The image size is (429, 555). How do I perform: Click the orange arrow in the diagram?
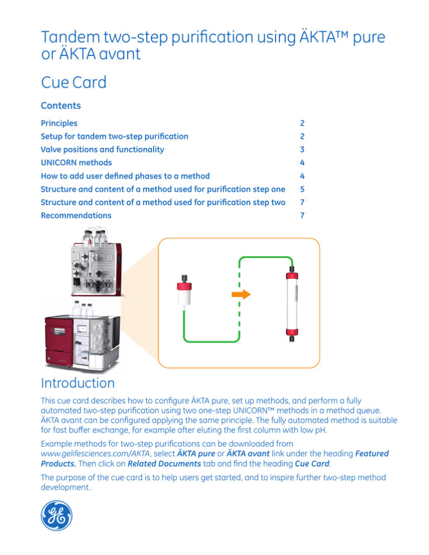click(x=242, y=294)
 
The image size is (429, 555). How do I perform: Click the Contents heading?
click(x=61, y=105)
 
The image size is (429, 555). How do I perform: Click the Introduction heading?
click(x=78, y=383)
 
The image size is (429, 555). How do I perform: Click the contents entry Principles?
click(x=59, y=123)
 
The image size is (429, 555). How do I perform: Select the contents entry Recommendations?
click(x=76, y=215)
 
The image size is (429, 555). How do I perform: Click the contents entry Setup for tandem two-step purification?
click(x=115, y=136)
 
